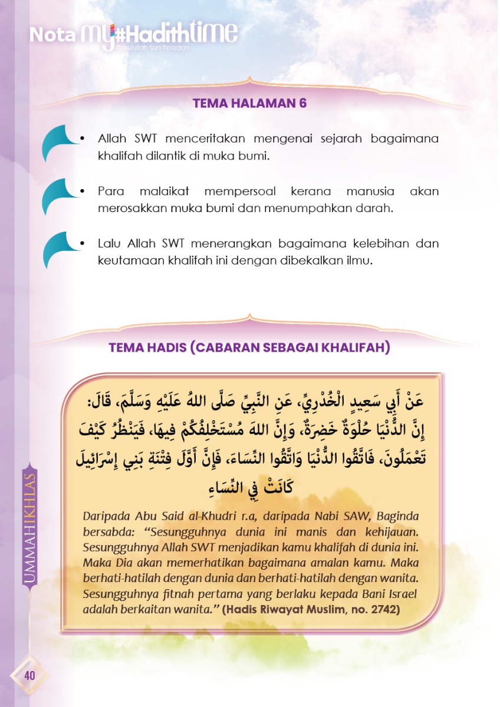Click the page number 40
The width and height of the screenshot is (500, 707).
click(29, 675)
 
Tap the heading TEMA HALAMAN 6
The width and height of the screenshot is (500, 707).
click(250, 103)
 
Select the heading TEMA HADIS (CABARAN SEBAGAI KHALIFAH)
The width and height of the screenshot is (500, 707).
click(249, 348)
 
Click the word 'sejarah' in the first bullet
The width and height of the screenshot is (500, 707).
click(343, 139)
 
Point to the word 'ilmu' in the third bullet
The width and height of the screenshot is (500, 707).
click(361, 260)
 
